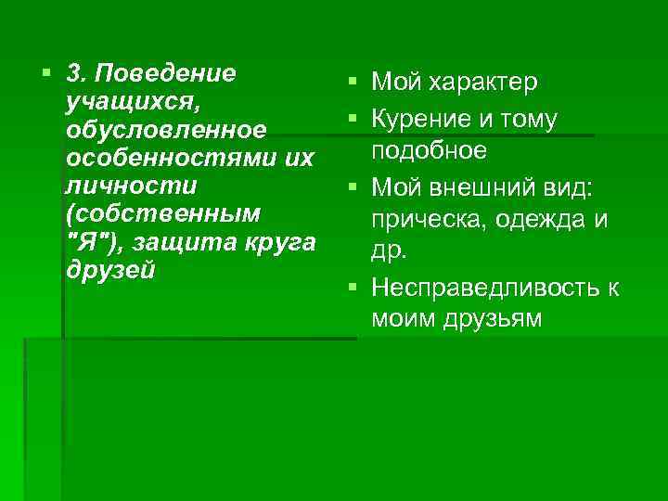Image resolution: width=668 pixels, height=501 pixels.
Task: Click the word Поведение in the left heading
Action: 166,72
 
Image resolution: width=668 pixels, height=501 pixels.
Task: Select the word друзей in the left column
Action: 109,269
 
